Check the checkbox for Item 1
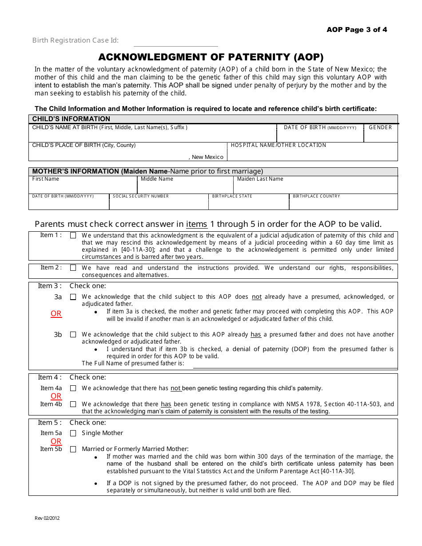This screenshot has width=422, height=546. (x=73, y=236)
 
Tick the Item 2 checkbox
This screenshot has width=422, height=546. (x=73, y=268)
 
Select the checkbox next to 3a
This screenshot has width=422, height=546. (x=73, y=297)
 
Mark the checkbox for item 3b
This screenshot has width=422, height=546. (x=73, y=335)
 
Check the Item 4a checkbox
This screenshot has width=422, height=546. (x=73, y=388)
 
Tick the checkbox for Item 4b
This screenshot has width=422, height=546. (x=73, y=404)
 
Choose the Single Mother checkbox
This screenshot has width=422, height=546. (x=73, y=433)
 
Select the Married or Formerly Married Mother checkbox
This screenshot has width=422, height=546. (x=73, y=449)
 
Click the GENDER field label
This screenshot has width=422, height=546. (x=380, y=127)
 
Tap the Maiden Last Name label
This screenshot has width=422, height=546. (x=260, y=179)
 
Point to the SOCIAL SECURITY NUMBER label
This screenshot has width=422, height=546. (x=141, y=196)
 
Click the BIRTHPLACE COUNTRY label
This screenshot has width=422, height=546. (x=316, y=196)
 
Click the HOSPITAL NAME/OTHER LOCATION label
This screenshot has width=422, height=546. (x=279, y=145)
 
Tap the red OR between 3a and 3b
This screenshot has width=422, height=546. (x=56, y=314)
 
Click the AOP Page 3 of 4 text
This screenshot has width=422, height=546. (x=357, y=30)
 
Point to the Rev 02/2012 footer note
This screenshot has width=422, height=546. (x=47, y=518)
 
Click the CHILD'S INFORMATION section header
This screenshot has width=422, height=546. (x=71, y=119)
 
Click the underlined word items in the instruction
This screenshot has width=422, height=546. (x=196, y=224)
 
